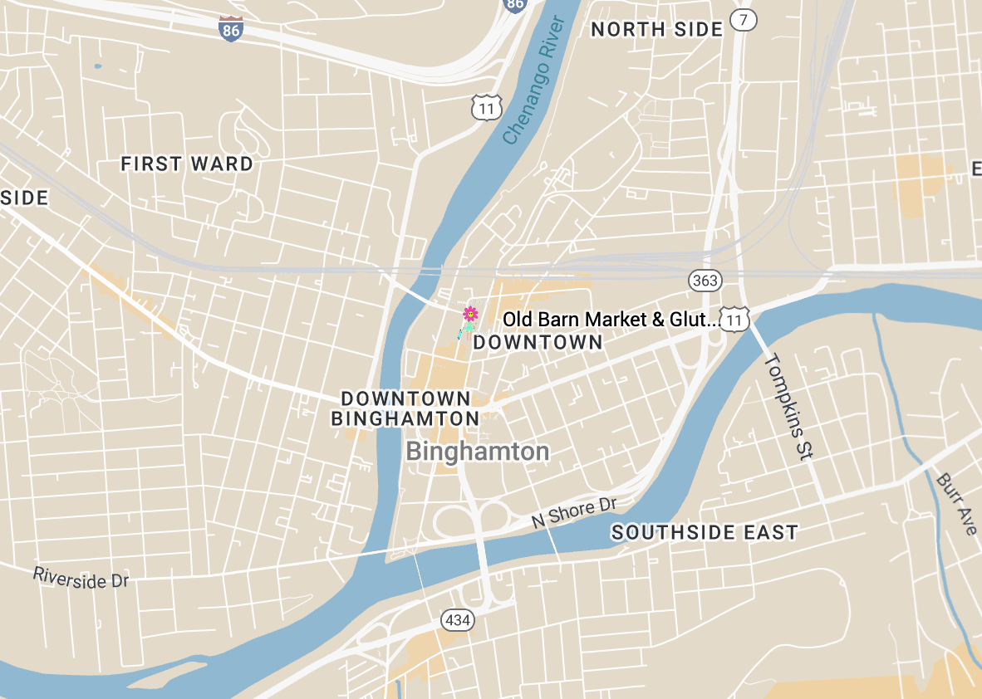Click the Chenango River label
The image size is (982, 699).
533,81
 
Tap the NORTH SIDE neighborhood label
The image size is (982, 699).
656,30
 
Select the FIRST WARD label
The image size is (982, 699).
187,164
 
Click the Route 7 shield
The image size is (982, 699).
744,20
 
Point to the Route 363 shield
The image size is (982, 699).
705,281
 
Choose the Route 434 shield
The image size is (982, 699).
457,619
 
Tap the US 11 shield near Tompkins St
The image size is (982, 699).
734,319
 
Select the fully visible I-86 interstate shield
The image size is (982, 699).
232,28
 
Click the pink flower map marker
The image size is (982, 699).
470,314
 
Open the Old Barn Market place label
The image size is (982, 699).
611,320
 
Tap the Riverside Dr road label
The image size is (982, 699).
81,577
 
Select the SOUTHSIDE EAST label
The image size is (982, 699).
705,532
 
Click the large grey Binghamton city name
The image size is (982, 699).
478,452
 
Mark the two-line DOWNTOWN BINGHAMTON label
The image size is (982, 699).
405,408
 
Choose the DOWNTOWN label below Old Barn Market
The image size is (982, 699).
538,342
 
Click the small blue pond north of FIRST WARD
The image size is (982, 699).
98,66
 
